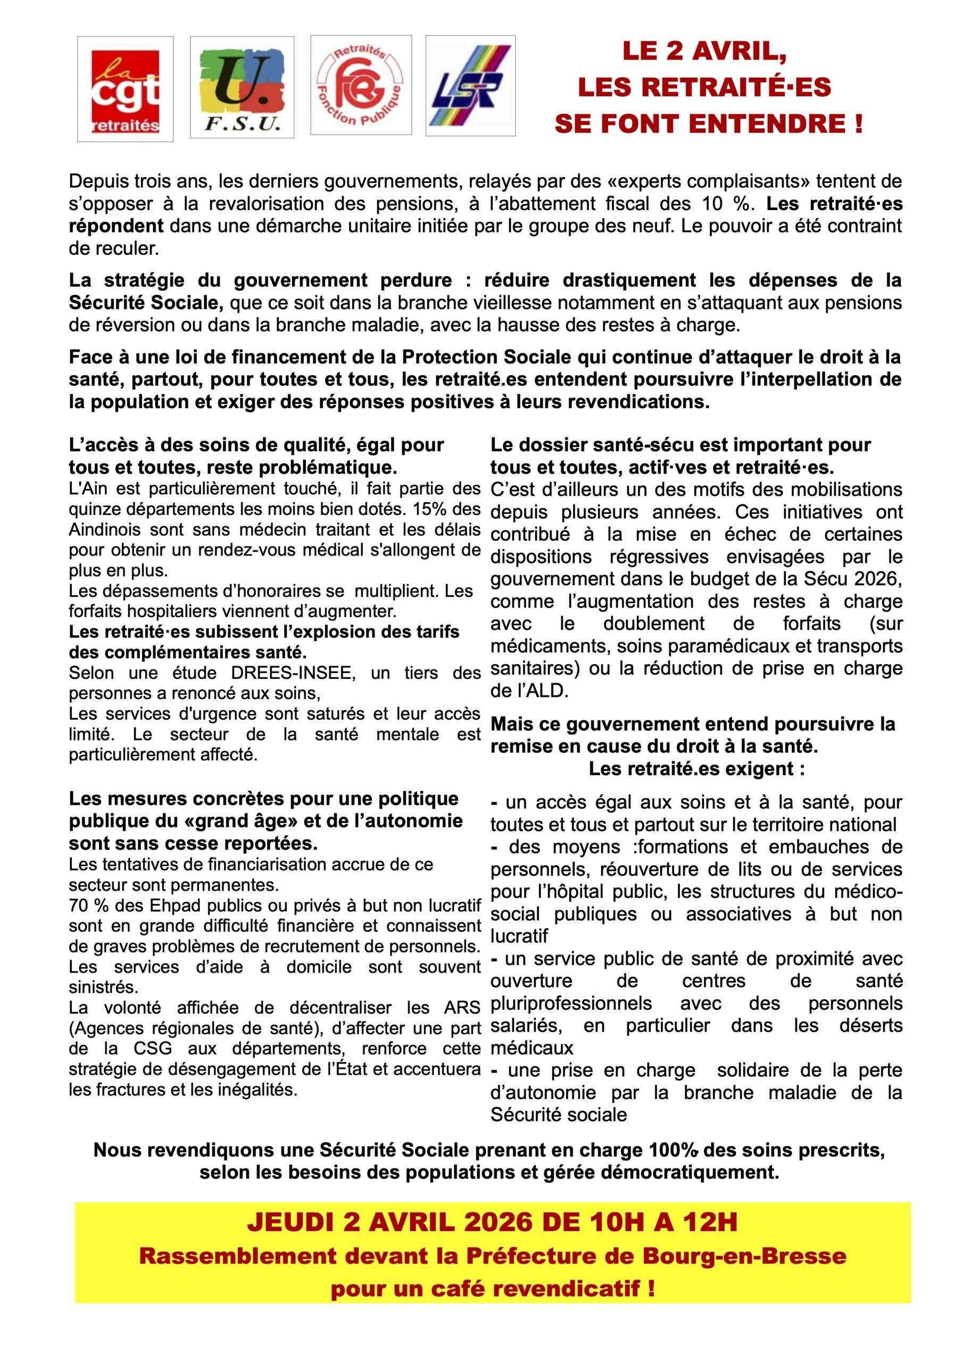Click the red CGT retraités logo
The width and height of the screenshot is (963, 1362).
[125, 89]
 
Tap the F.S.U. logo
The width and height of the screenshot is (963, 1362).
[242, 87]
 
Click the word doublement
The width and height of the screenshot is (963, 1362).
[654, 624]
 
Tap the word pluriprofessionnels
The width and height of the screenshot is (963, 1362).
[571, 1003]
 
